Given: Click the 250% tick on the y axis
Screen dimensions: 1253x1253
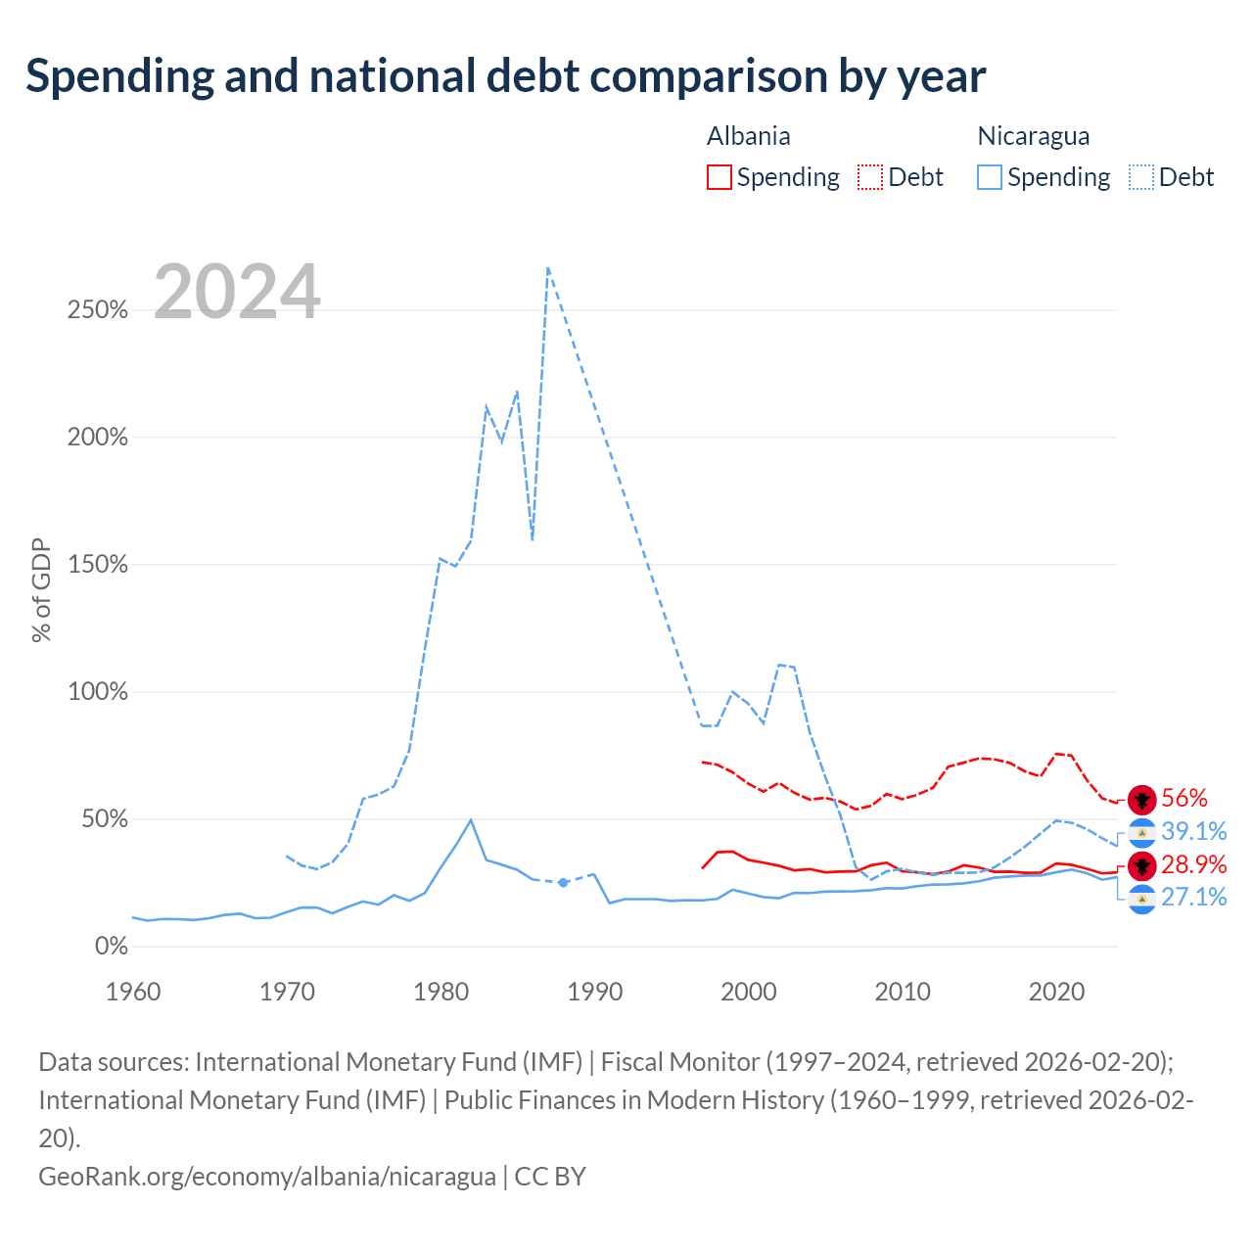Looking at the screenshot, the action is pos(98,309).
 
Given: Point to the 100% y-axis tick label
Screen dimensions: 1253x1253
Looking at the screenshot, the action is pos(98,691).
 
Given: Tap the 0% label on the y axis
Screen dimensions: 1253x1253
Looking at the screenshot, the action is pos(112,946).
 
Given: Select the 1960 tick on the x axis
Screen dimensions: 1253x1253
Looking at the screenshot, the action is pos(133,993).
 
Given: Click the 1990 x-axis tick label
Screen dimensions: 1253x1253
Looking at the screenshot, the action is pos(595,993).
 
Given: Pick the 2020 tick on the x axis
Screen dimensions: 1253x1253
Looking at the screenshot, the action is pos(1056,993).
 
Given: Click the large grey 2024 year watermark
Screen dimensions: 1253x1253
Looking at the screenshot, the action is pos(237,291).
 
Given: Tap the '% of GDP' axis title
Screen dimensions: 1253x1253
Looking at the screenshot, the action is pos(41,589).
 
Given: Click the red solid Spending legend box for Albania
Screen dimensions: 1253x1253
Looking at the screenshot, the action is pos(719,177).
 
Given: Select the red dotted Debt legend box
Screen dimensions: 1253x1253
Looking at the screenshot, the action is pos(870,177).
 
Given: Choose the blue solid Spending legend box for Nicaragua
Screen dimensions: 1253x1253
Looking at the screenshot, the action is pos(989,177).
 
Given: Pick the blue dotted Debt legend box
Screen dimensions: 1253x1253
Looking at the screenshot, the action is pos(1140,177).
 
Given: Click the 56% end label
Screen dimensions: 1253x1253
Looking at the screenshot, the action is pos(1184,798).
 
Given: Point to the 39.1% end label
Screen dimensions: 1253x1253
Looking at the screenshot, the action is pos(1194,831).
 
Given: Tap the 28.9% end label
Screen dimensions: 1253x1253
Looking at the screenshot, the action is pos(1194,864).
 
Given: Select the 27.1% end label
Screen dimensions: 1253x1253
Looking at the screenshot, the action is pos(1194,898).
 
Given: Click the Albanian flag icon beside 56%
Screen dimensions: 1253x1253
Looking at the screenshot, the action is pos(1141,800).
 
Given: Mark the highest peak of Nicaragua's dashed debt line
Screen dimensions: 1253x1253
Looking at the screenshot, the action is pos(548,267).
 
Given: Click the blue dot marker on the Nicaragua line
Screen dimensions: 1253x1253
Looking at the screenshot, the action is pos(563,882).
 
